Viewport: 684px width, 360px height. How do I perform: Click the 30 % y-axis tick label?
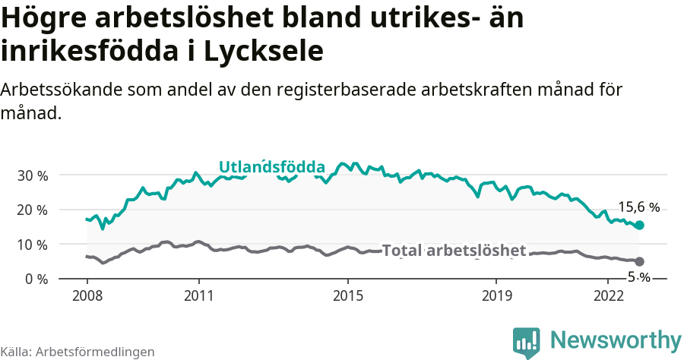(32, 175)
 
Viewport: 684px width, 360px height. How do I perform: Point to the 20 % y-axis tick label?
(32, 210)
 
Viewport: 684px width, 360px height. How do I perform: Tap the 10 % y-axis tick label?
(32, 245)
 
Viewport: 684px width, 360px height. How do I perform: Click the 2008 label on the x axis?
(87, 295)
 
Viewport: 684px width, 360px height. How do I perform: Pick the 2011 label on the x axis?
(198, 295)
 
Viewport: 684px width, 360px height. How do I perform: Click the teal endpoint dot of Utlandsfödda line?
(640, 225)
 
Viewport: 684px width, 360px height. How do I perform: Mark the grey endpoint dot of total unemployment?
(640, 261)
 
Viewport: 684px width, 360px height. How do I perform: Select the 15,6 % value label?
(638, 207)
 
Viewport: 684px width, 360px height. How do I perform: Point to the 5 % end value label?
(638, 277)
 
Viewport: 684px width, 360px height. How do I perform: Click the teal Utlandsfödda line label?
(272, 167)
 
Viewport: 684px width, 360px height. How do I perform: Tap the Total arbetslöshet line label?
(454, 251)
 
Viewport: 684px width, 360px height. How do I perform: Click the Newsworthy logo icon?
(527, 343)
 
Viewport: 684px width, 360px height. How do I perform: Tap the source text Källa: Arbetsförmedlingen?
(78, 352)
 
